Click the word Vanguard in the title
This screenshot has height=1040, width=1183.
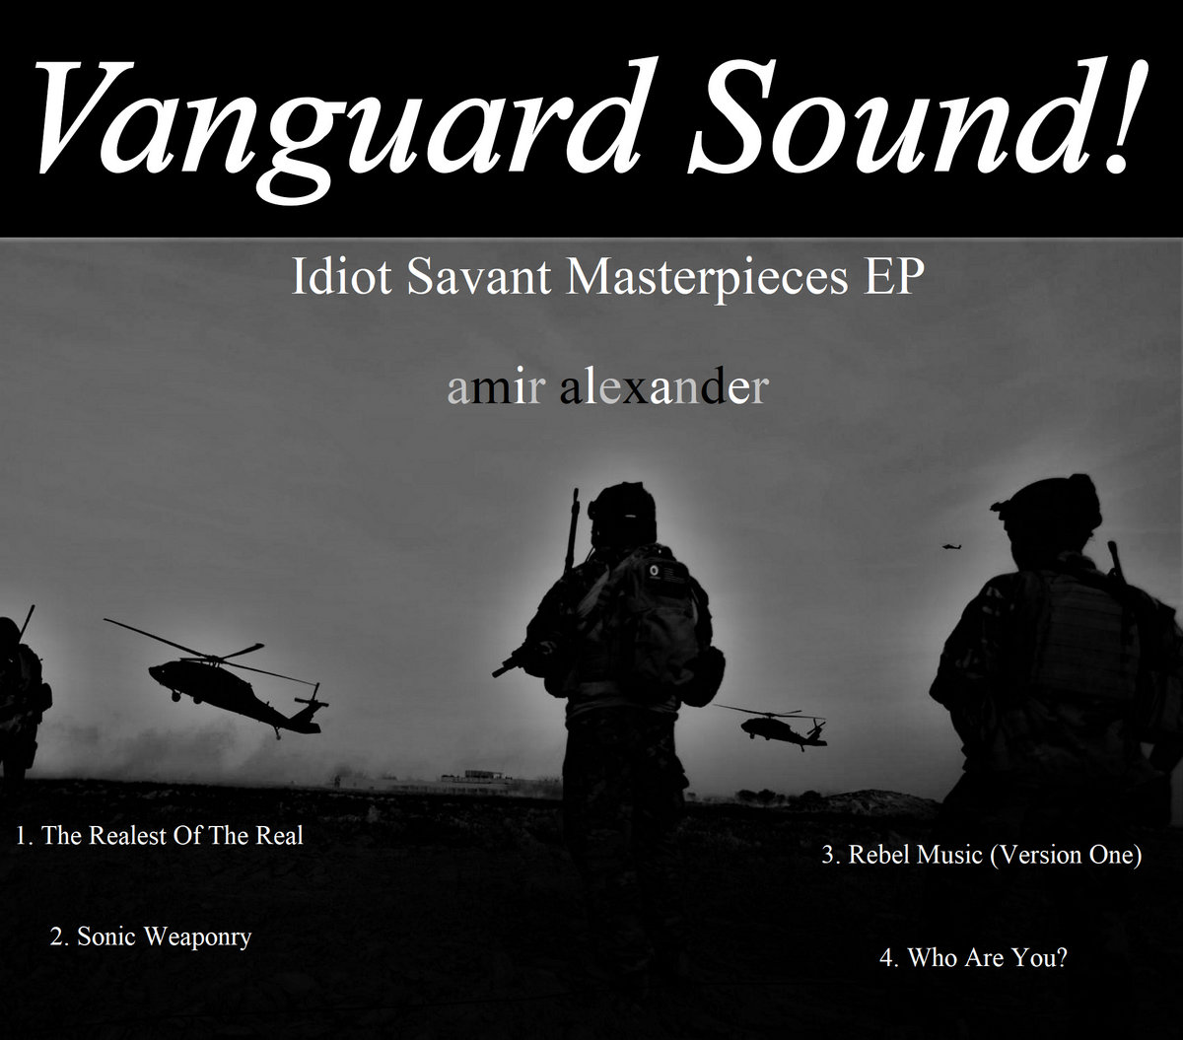(339, 125)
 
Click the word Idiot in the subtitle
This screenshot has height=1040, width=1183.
(341, 276)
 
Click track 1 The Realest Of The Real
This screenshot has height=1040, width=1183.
(159, 836)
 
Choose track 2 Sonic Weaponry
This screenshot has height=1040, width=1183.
(151, 937)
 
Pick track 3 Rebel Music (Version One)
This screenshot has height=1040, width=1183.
(982, 856)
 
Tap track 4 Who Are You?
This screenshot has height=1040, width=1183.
(973, 957)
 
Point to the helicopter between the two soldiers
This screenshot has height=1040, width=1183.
(777, 727)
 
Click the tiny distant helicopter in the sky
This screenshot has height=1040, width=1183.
(951, 546)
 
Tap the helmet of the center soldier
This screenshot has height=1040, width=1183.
(622, 510)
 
